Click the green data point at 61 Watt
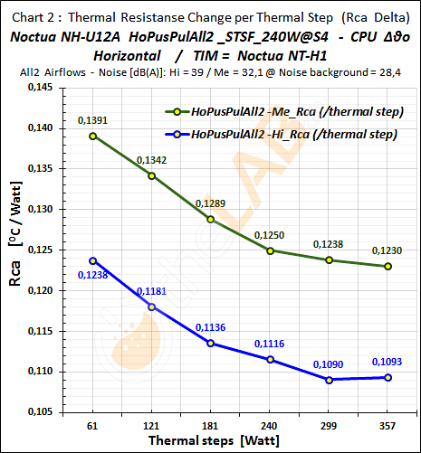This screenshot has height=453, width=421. point(92,136)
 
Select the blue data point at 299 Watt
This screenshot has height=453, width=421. point(330,380)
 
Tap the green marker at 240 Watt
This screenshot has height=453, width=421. point(271,250)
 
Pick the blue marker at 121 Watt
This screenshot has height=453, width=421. point(151,307)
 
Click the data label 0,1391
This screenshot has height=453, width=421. point(93,119)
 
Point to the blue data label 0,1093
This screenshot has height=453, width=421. point(388,362)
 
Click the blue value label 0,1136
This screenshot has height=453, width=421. point(211,327)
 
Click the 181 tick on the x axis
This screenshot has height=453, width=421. point(211,424)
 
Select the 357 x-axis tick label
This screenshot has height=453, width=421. point(388,424)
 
